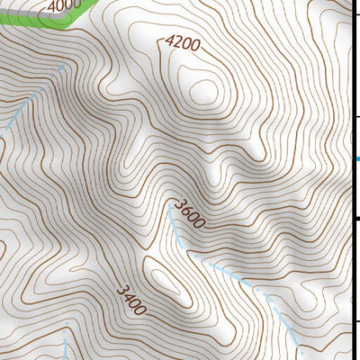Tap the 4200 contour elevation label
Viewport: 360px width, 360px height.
182,43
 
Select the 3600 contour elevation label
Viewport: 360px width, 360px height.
190,212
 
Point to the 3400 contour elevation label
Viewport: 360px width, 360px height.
130,300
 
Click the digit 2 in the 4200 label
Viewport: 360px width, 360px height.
176,42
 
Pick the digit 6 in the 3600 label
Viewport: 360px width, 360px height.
186,209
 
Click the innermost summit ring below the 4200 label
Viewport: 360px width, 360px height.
202,90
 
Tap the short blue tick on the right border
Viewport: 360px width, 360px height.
356,159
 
